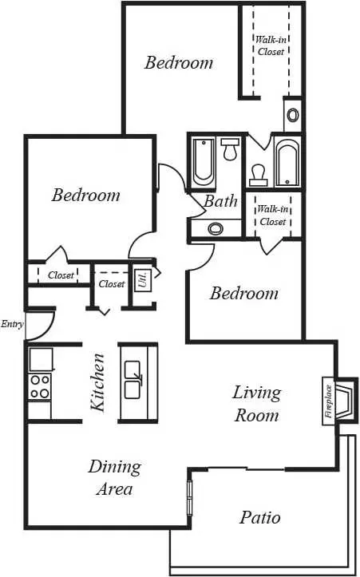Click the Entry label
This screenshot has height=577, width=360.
click(x=13, y=324)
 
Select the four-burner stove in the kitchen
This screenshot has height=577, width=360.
click(x=40, y=386)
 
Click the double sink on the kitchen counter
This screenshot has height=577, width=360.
click(x=133, y=380)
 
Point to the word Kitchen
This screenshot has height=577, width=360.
click(x=97, y=382)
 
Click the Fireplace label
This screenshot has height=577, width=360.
click(x=328, y=401)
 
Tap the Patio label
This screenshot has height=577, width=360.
click(x=260, y=517)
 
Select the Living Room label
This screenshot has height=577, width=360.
click(x=257, y=404)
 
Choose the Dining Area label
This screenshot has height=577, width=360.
click(x=114, y=478)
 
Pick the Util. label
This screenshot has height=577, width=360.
click(x=143, y=280)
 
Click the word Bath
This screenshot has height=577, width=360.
click(x=220, y=201)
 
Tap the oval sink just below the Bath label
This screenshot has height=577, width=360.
click(x=216, y=229)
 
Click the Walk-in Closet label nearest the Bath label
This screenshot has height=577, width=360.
click(x=273, y=215)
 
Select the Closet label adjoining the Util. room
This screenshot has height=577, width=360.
click(x=112, y=284)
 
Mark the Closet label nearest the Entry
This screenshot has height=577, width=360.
click(x=61, y=275)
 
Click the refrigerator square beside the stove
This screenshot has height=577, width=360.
click(x=41, y=359)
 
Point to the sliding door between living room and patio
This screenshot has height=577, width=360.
click(x=247, y=468)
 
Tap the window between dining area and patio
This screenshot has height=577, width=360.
click(x=190, y=497)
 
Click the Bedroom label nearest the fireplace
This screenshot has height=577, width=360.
click(x=243, y=294)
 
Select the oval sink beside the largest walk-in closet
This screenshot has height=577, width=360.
click(x=293, y=116)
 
